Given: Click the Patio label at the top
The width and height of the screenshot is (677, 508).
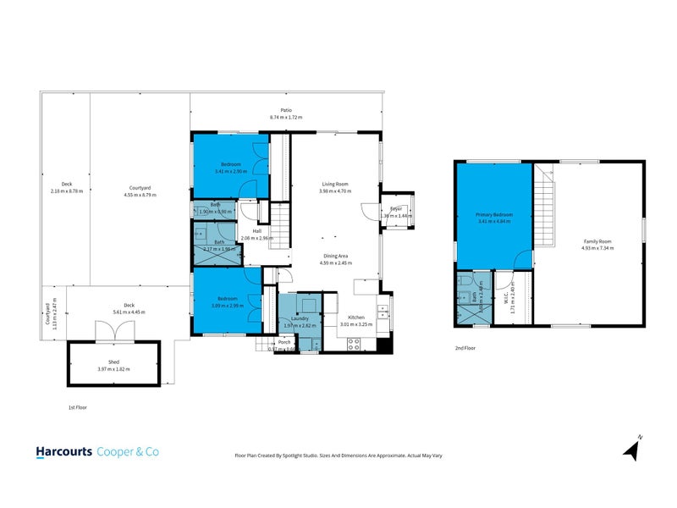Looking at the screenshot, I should coord(286,110).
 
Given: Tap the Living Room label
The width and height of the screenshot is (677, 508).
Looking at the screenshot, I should coord(334,184).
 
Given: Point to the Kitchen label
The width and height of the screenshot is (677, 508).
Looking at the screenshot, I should coord(356,318).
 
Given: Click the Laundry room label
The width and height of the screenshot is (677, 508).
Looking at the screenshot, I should coord(299,318).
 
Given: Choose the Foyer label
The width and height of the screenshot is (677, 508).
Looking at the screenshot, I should coord(395,209).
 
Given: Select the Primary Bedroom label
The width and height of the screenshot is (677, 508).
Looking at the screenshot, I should coord(493,215).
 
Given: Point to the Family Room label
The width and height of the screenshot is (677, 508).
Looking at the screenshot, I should coord(597,242).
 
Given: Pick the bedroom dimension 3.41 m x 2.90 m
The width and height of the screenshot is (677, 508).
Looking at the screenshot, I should coord(232,171).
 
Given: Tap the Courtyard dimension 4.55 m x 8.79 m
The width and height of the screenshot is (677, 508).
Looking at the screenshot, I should coord(140,194).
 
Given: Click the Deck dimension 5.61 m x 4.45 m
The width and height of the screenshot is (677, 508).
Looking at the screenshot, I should coord(129,312).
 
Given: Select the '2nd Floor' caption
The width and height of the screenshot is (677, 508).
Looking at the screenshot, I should coord(465,348).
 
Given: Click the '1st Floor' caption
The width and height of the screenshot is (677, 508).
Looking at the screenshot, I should coord(78,407).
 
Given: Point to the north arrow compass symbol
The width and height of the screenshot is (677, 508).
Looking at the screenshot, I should coord(631,448).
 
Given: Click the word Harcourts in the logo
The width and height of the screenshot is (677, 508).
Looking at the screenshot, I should coord(63,452).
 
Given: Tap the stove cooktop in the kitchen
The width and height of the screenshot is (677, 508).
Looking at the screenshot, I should coord(355,343).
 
